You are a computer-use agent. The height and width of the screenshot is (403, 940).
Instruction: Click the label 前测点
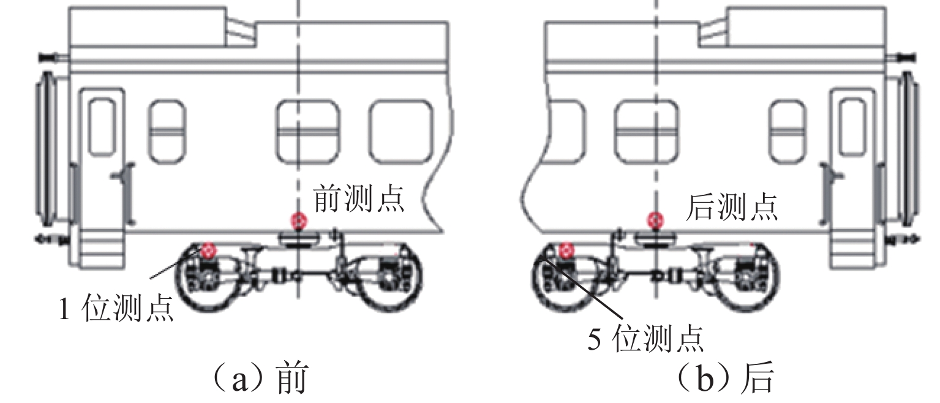(359, 198)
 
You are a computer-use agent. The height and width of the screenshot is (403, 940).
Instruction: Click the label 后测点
(732, 206)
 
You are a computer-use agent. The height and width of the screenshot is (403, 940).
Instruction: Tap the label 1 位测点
(117, 309)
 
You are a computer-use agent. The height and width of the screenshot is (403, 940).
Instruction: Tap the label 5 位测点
(645, 339)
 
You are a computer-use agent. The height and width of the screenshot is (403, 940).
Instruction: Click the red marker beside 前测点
(299, 220)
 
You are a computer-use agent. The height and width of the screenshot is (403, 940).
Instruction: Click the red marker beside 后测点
(655, 220)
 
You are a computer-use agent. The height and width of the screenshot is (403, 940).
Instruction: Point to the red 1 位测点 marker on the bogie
(209, 251)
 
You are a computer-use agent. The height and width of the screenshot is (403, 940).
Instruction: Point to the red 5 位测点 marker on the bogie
(566, 251)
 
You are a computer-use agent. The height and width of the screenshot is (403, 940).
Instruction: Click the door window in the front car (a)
(102, 127)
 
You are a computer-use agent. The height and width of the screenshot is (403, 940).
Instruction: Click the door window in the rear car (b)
(852, 127)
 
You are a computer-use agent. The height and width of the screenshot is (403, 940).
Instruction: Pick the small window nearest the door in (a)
(168, 132)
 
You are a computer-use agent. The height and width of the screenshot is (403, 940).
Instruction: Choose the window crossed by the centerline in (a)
(308, 132)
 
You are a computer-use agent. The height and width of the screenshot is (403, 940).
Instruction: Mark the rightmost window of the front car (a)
(400, 132)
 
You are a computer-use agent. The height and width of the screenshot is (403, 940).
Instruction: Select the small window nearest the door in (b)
(788, 132)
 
